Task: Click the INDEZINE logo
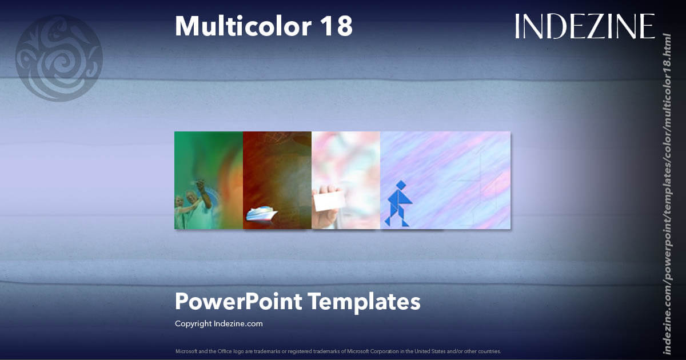point(584,26)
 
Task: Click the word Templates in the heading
point(364,301)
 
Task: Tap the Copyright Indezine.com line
point(219,323)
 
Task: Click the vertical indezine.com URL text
point(667,193)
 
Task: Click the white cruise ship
point(262,214)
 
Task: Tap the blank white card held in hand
point(330,201)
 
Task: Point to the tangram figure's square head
point(401,185)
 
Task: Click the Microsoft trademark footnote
point(338,351)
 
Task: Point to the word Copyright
point(193,323)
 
